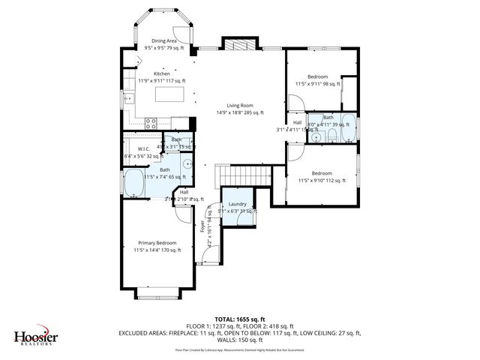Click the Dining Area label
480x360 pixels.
coord(164,41)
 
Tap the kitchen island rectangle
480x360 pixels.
coord(169,94)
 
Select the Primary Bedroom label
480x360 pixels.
coord(157,243)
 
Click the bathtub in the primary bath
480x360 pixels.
coord(136,182)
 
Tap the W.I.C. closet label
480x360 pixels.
coord(145,149)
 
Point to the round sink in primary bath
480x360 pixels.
coord(188,163)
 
